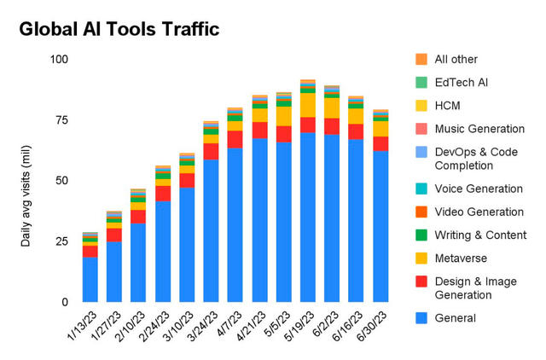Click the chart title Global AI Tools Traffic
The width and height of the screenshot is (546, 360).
(119, 29)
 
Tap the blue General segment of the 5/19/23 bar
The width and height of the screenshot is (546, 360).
(309, 218)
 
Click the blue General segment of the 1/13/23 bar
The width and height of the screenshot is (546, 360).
(90, 279)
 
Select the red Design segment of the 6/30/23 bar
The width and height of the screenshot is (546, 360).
(381, 143)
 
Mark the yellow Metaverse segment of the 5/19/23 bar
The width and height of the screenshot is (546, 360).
(309, 105)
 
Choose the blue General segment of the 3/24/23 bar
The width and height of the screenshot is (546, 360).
(212, 230)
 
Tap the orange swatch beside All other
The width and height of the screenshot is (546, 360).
(421, 60)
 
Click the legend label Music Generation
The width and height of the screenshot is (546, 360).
(479, 129)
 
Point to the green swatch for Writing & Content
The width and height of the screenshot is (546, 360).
(421, 235)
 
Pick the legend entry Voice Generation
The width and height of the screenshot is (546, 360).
(478, 189)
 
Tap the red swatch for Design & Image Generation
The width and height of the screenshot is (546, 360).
(421, 282)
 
